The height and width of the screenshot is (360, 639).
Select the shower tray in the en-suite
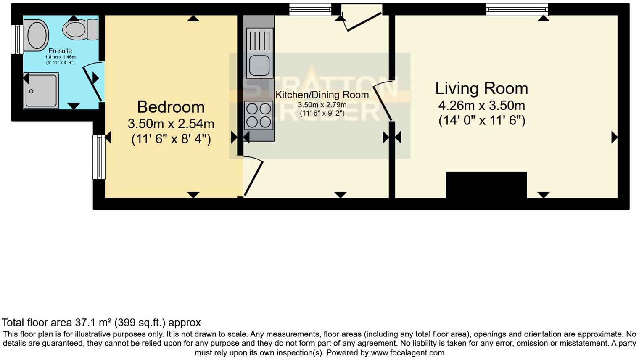tap(41, 90)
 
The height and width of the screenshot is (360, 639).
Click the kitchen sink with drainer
tap(259, 53)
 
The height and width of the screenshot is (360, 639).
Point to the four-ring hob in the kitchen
tap(259, 115)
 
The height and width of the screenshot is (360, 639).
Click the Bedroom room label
tap(171, 107)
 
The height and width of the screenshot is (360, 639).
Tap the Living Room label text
tap(481, 88)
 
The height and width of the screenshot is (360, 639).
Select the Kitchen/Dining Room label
tap(322, 95)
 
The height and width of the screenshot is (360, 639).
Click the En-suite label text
tap(60, 51)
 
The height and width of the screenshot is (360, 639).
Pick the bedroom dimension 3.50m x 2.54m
tap(171, 124)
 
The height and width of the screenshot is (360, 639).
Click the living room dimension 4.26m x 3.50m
tap(481, 105)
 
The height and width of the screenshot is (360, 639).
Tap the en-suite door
tap(92, 82)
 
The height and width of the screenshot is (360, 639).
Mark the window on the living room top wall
tap(517, 9)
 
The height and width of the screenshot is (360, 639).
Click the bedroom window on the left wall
tap(99, 157)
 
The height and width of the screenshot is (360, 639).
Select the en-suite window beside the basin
tap(17, 40)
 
